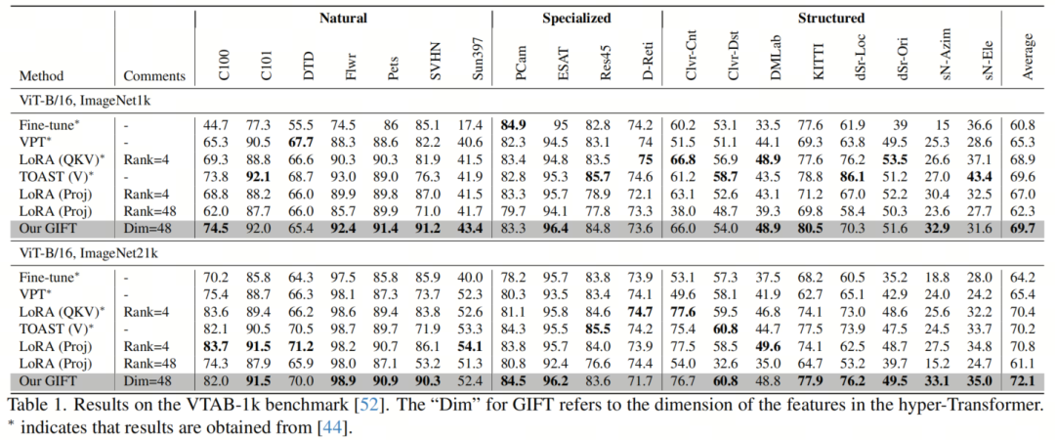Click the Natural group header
[343, 18]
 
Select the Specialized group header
[577, 18]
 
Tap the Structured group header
[831, 18]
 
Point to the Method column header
[42, 76]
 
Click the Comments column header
[154, 76]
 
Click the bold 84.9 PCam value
[513, 125]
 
